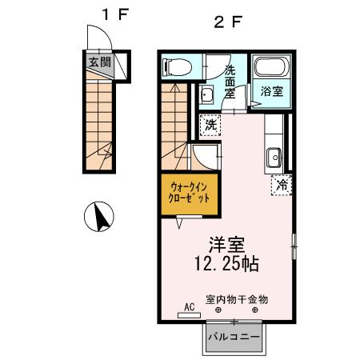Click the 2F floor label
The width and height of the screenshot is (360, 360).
(226, 22)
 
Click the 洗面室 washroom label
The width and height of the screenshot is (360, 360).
(229, 81)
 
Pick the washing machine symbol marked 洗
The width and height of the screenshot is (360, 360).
(210, 125)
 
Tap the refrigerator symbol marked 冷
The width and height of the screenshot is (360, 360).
(282, 184)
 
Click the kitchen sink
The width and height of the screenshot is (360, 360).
(272, 155)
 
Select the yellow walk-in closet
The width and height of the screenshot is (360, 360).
(190, 192)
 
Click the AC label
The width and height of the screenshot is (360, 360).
(190, 306)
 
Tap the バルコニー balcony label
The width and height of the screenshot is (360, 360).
(234, 337)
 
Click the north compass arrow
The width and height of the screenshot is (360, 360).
(100, 217)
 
